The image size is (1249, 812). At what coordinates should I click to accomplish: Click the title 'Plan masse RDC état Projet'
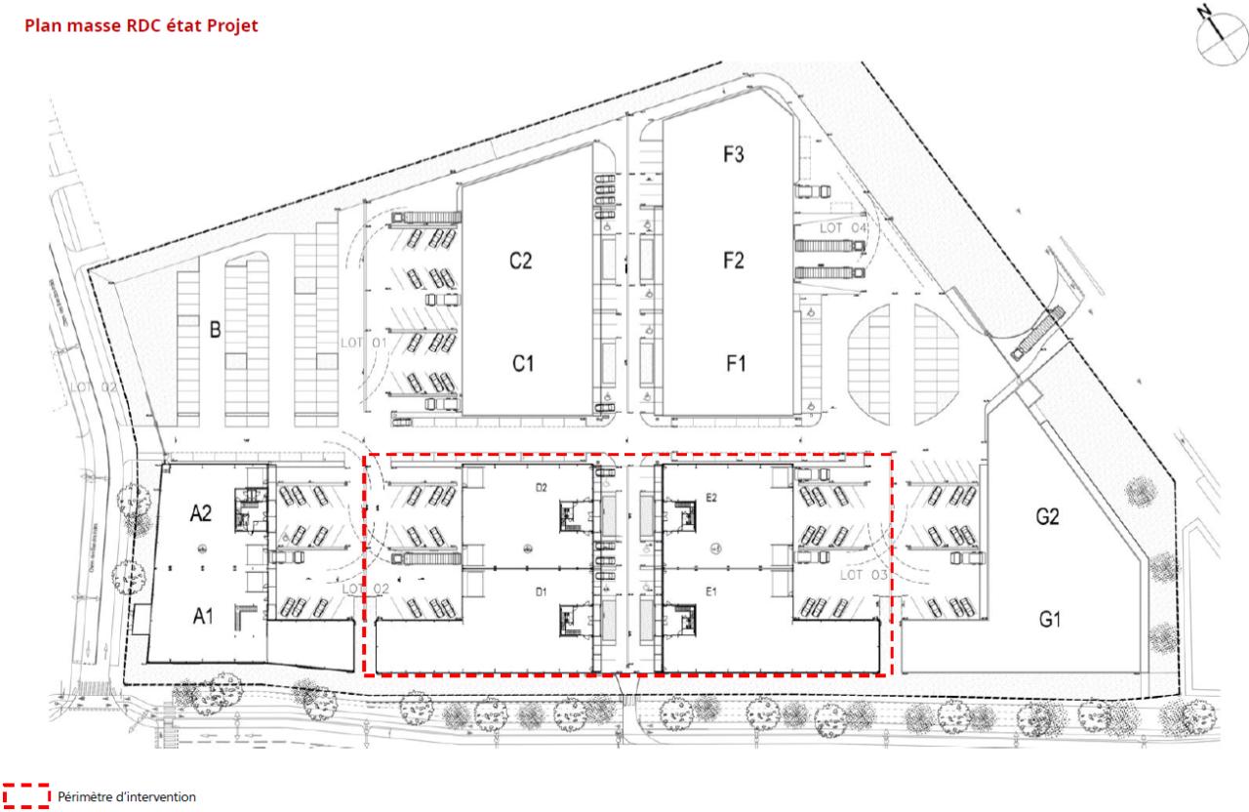[135, 26]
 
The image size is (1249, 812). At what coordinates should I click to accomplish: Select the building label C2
[520, 262]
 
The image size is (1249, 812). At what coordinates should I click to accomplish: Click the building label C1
[523, 363]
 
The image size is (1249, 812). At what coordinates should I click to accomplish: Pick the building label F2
[735, 261]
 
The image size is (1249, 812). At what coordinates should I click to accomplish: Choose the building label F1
[735, 363]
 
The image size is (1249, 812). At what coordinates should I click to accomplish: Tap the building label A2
[202, 512]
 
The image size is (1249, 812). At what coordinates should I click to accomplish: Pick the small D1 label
[539, 591]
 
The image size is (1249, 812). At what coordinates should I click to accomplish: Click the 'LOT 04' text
[843, 228]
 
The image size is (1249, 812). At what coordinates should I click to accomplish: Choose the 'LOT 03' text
[864, 575]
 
